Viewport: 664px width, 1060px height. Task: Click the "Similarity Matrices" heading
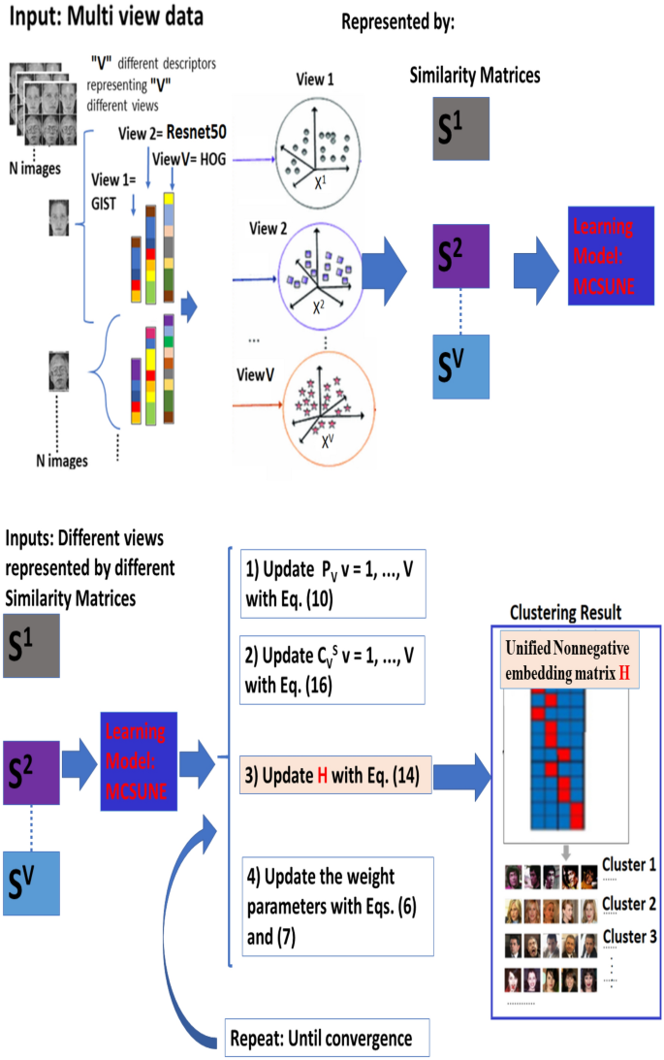[x=475, y=74]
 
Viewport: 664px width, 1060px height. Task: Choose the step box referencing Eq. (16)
[x=331, y=668]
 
